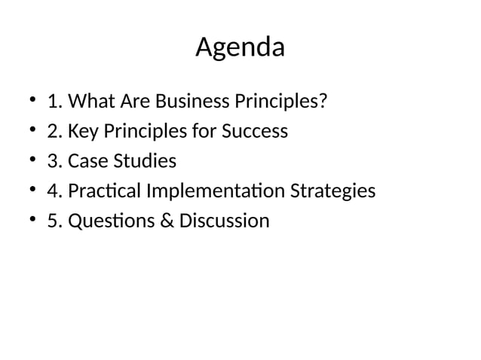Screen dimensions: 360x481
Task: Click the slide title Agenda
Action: tap(240, 48)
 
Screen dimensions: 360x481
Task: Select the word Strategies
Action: tap(332, 191)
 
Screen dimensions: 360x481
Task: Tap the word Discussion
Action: tap(224, 221)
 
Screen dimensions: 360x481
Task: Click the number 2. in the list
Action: tap(54, 131)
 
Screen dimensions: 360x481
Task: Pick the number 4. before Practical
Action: tap(54, 191)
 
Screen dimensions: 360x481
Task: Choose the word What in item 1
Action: tap(91, 101)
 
